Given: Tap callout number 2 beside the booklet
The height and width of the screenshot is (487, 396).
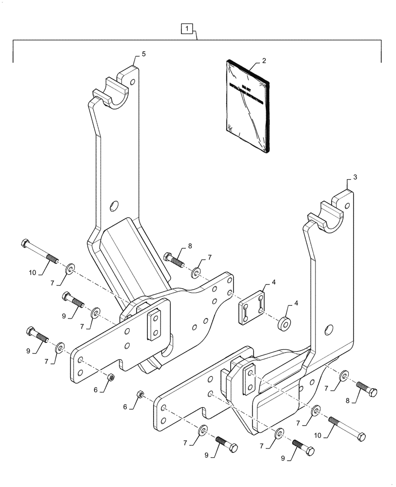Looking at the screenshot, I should pos(264,61).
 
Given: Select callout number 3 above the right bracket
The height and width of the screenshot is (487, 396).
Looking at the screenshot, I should pos(355,178).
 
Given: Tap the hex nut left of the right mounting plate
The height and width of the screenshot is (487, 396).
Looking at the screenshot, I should pos(140,393).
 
